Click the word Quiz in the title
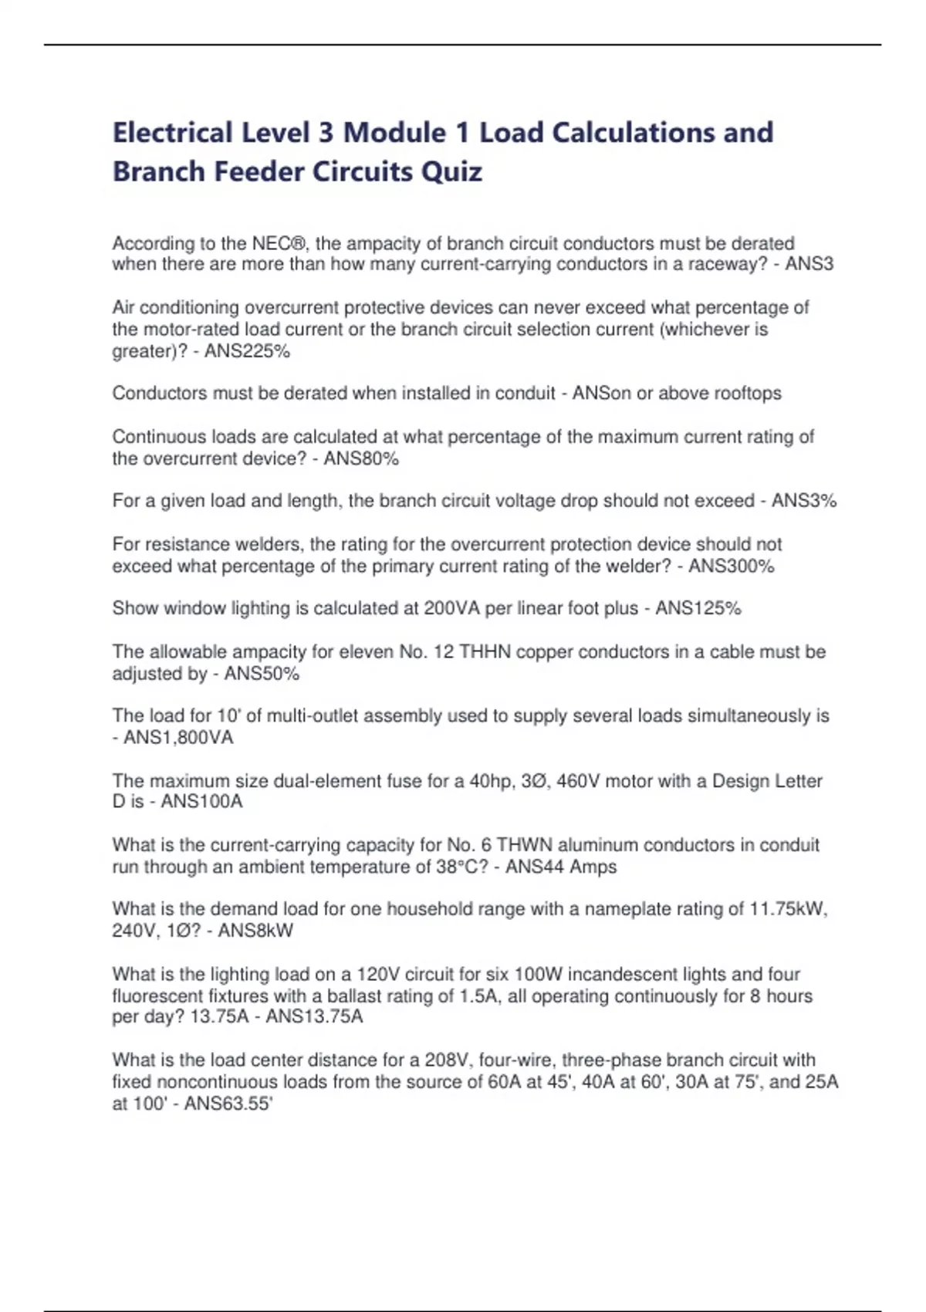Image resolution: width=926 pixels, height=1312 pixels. point(451,171)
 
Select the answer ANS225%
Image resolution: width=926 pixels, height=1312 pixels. point(247,351)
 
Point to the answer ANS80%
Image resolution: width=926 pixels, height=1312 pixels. point(361,458)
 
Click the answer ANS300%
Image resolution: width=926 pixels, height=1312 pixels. point(731,566)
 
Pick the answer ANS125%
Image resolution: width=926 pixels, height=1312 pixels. point(698,608)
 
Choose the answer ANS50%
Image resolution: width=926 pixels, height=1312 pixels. point(262,674)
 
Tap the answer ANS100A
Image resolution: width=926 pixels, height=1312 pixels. point(201,801)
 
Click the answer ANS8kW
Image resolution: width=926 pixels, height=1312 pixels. point(255,930)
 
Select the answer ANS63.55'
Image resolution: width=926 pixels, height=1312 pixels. point(228,1104)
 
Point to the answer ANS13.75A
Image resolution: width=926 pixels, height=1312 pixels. point(314,1016)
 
